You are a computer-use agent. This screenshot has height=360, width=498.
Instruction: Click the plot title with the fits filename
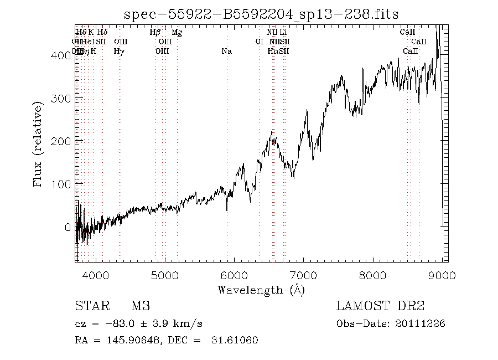(261, 14)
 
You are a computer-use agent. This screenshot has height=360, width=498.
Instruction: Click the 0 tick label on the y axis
(68, 227)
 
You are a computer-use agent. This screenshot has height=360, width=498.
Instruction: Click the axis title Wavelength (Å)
(261, 290)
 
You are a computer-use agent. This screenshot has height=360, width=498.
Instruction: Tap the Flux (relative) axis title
(38, 143)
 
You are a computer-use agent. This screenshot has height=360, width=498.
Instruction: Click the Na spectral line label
(226, 51)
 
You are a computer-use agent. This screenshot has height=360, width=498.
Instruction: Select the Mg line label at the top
(177, 32)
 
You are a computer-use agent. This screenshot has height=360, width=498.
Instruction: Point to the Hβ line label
(155, 32)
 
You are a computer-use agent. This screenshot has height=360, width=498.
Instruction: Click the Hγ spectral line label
(119, 51)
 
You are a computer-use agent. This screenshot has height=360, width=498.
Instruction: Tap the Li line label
(283, 32)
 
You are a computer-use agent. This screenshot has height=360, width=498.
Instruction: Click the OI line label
(259, 42)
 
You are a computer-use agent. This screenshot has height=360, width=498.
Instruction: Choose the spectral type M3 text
(141, 306)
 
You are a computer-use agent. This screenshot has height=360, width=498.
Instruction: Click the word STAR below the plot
(91, 306)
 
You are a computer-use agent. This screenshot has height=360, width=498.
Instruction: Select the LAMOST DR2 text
(380, 306)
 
